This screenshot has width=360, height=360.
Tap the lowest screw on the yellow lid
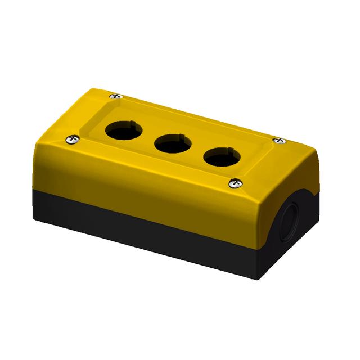(236, 182)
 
